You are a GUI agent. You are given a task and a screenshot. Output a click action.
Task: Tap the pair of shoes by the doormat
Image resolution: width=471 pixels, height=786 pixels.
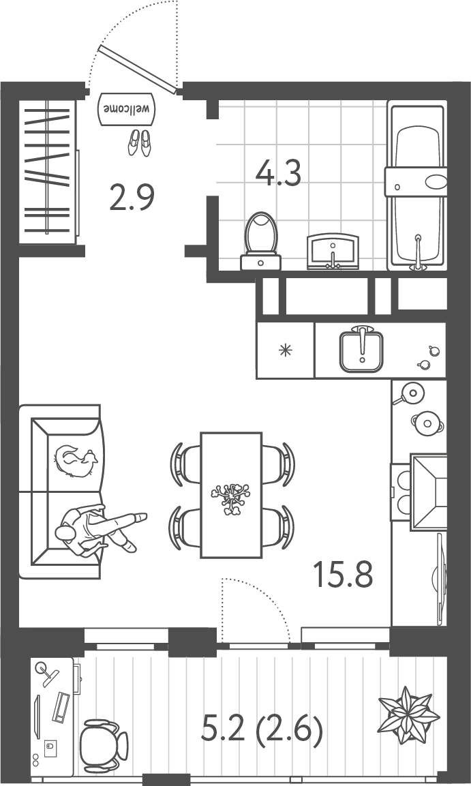pos(139,142)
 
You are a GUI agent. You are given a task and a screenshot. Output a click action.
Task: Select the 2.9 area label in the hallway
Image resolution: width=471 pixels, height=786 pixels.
pos(132,197)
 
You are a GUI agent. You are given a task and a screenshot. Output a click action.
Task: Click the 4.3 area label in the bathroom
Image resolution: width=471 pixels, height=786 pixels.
pos(278,173)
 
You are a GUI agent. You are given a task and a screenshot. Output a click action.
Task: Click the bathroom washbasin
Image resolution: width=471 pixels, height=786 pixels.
pos(333,250)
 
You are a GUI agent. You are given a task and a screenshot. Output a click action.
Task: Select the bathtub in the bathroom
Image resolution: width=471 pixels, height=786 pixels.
pos(416,186)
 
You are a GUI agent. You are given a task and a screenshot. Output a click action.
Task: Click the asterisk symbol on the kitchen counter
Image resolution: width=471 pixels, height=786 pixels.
pos(286,350)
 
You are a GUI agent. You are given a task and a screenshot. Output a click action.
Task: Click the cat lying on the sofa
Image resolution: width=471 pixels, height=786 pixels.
pos(76,462)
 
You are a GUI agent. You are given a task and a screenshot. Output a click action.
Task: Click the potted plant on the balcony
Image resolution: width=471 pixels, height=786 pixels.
pos(408,714)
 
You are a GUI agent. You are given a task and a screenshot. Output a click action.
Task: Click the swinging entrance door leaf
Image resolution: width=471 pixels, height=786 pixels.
pos(138,69)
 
